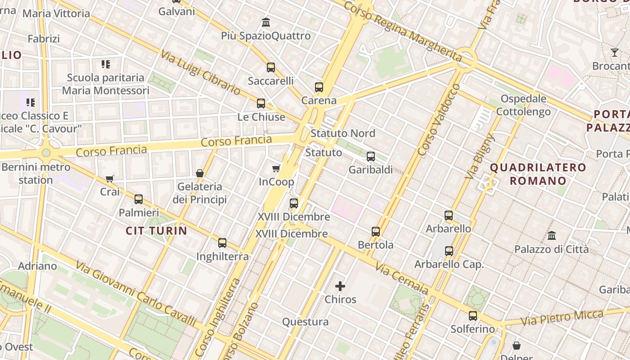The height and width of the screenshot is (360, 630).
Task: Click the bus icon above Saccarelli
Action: click(270, 67)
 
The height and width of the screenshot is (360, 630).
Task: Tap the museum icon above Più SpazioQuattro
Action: click(266, 22)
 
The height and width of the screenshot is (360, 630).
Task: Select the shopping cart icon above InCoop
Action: click(276, 168)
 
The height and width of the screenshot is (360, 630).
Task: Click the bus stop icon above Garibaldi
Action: click(371, 157)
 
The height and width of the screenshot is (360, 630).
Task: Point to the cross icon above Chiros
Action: click(340, 286)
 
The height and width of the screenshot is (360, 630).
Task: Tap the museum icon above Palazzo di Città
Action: click(551, 235)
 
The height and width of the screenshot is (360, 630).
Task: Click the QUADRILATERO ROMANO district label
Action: click(538, 175)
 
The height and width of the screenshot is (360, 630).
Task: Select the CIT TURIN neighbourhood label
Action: click(156, 231)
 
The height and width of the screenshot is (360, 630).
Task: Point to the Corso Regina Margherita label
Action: click(403, 31)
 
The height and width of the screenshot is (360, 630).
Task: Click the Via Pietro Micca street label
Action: click(562, 318)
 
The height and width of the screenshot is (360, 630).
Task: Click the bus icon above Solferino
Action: click(472, 316)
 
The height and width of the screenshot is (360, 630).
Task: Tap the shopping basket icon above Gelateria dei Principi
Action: click(200, 173)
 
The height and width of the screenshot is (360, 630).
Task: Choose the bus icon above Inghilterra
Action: click(222, 243)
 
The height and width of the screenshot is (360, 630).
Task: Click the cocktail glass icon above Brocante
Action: click(615, 53)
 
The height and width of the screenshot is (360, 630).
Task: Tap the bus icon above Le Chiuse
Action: click(261, 103)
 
